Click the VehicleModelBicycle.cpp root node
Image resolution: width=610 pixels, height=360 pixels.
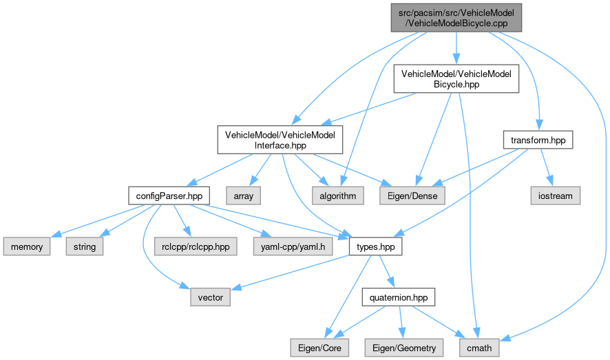coord(455,17)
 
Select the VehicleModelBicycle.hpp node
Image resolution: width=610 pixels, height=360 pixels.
coord(455,78)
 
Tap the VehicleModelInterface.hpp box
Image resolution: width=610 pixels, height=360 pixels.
coord(280,140)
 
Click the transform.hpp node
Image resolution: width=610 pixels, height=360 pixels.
coord(538,140)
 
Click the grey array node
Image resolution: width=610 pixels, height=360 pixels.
coord(244,195)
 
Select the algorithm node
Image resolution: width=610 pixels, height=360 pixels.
coord(338,195)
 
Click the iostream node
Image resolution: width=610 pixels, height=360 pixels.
coord(555,195)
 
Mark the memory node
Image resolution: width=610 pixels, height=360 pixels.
coord(26,246)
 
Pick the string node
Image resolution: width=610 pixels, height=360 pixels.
coord(85,246)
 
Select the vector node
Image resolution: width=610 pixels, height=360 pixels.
coord(211,299)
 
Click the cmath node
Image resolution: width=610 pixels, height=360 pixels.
coord(479,348)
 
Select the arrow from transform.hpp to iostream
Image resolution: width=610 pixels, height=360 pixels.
coord(547,167)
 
